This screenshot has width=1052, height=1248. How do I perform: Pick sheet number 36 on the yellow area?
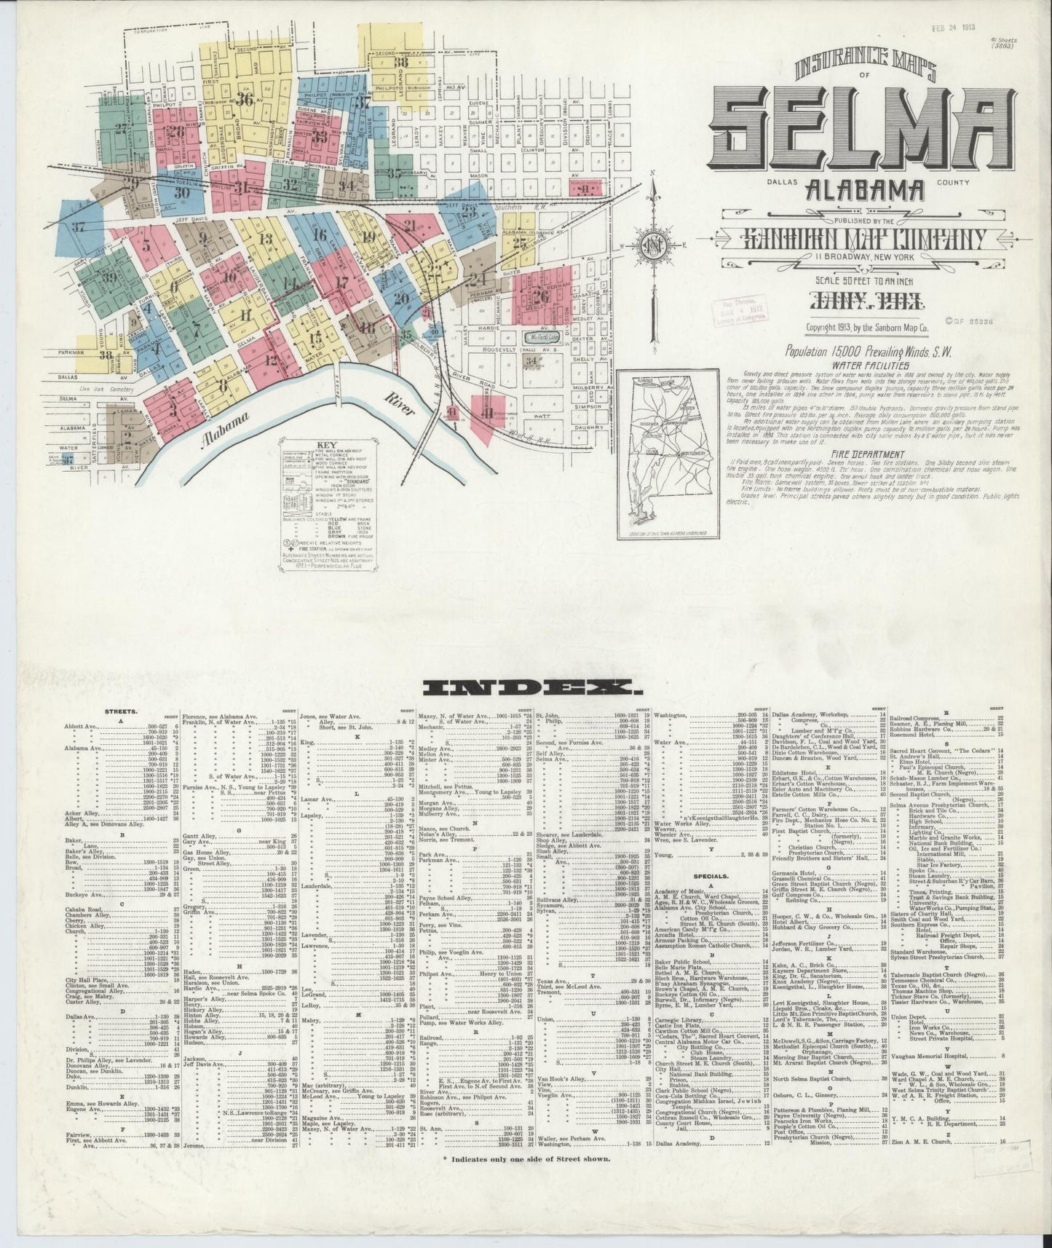(x=245, y=100)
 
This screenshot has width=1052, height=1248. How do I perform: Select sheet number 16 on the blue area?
(x=318, y=234)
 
